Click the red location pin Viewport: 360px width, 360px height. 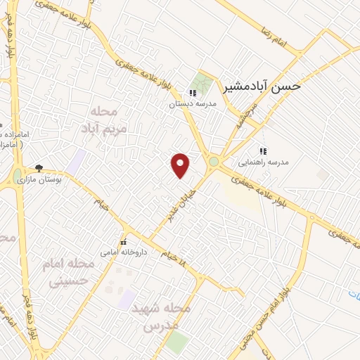click(x=181, y=165)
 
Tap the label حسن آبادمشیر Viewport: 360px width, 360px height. click(x=262, y=86)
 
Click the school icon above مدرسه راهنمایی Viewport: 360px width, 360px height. click(x=263, y=151)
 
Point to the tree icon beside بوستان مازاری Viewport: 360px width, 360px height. click(x=39, y=168)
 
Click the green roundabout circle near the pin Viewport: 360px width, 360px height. click(x=213, y=163)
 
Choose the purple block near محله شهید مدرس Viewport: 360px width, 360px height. click(x=127, y=299)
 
